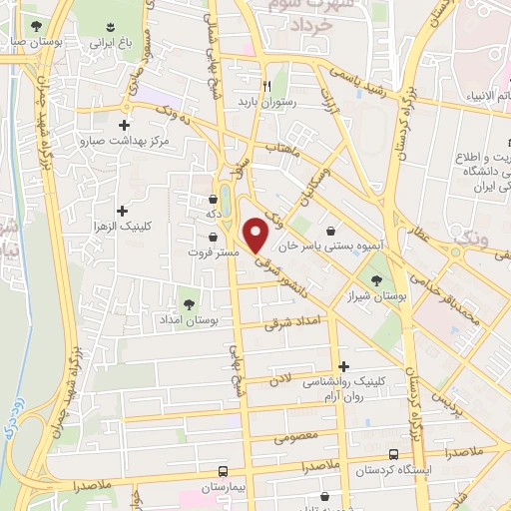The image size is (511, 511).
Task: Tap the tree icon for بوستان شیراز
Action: click(377, 254)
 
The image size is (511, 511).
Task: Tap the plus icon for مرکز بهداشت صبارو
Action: click(123, 125)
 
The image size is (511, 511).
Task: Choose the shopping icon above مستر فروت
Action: click(214, 237)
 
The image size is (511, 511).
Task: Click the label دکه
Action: click(213, 213)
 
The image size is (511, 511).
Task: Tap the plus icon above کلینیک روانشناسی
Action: click(344, 367)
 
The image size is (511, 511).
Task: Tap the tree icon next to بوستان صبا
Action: click(36, 26)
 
